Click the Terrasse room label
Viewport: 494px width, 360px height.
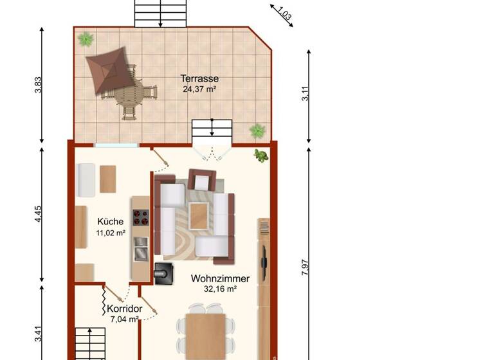pyautogui.click(x=199, y=79)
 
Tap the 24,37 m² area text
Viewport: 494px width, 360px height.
pyautogui.click(x=199, y=89)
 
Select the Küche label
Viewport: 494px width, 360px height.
pyautogui.click(x=110, y=222)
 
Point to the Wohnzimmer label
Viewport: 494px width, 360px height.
pyautogui.click(x=220, y=279)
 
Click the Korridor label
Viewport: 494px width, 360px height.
pyautogui.click(x=124, y=309)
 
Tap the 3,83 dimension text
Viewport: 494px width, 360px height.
pyautogui.click(x=37, y=85)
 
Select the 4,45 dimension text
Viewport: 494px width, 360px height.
pyautogui.click(x=38, y=214)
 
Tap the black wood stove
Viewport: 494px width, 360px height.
pyautogui.click(x=163, y=273)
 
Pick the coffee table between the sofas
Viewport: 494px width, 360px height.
pyautogui.click(x=198, y=212)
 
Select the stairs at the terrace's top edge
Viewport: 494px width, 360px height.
pyautogui.click(x=160, y=13)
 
